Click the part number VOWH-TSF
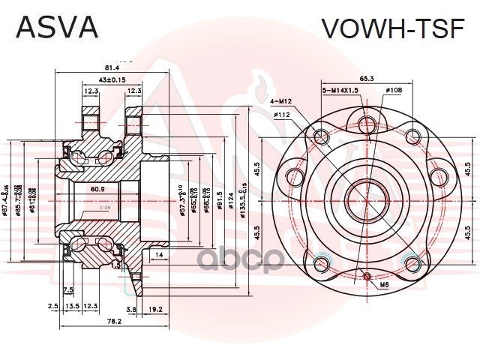click(x=394, y=27)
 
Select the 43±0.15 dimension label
click(x=112, y=80)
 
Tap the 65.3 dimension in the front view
click(x=367, y=77)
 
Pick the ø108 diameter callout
click(x=393, y=90)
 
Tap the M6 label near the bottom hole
click(x=383, y=285)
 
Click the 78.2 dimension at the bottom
click(x=114, y=321)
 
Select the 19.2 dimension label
click(x=156, y=307)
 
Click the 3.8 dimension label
click(x=131, y=307)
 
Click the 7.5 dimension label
click(x=67, y=289)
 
